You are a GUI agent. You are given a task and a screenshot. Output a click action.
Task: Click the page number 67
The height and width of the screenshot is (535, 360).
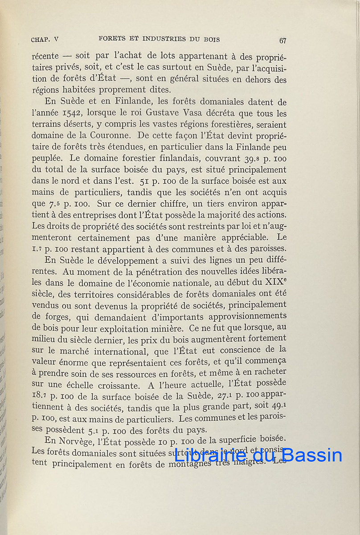click(x=282, y=41)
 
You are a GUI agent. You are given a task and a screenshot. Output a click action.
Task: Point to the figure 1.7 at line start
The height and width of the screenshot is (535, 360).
click(x=37, y=250)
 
